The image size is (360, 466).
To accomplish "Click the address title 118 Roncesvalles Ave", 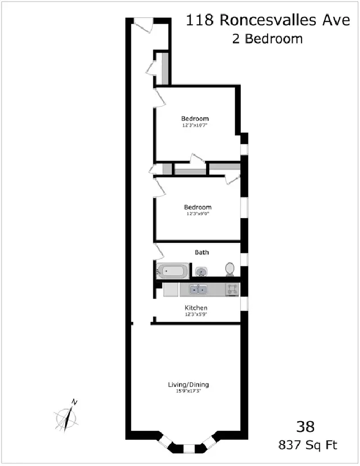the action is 267,20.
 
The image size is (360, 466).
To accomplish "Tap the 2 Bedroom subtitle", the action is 267,39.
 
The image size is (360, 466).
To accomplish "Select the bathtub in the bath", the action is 173,271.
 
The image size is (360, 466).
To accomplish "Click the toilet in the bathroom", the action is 230,269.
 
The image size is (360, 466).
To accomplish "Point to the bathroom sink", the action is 201,271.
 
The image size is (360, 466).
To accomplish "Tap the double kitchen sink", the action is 198,290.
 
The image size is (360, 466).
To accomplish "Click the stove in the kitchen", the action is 232,290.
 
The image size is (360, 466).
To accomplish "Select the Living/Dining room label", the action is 189,385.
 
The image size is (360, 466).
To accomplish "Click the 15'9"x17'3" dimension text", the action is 189,391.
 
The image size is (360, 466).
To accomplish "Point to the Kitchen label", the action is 196,308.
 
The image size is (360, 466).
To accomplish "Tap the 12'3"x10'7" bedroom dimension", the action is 195,125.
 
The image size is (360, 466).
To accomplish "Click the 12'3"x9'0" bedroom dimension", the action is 198,214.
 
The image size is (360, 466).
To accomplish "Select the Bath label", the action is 202,252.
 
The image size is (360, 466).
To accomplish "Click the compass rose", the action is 66,417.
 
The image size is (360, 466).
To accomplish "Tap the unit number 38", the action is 305,427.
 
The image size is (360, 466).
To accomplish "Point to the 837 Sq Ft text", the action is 308,445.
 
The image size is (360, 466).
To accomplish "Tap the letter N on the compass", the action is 74,402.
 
